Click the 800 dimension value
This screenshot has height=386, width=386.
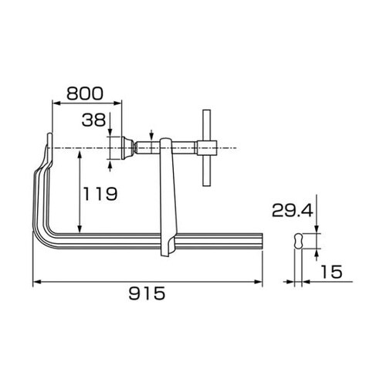[85, 93]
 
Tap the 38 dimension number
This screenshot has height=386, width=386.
[93, 120]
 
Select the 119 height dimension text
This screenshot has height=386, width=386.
[100, 194]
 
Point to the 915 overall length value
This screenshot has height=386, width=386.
[147, 293]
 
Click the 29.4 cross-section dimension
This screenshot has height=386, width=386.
[293, 210]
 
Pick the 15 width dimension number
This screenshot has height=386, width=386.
[332, 272]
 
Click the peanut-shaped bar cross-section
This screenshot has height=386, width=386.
[298, 241]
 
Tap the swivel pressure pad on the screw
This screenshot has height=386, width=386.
[127, 148]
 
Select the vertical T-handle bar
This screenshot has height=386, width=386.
[206, 147]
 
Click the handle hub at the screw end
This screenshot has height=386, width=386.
[207, 148]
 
